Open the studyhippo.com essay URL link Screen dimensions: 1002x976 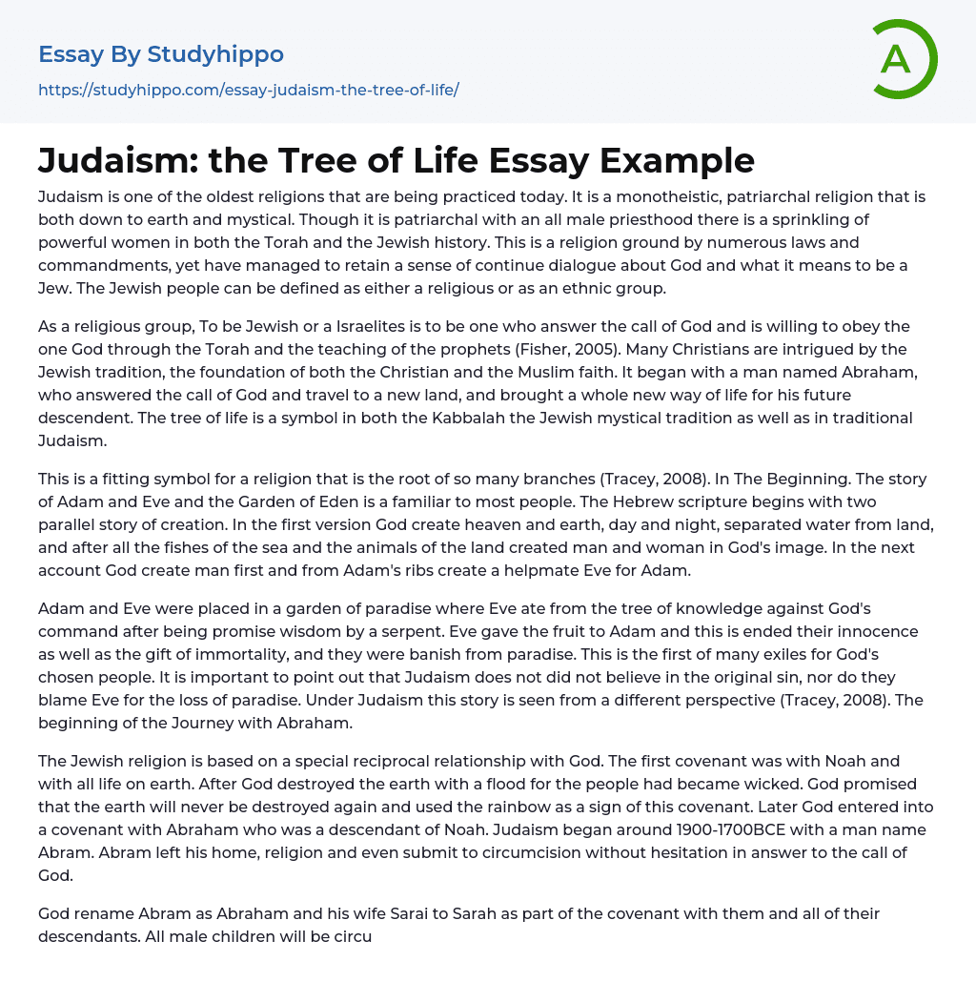tap(248, 91)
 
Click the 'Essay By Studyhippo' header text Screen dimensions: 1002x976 tap(160, 54)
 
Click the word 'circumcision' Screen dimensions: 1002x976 tap(480, 852)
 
